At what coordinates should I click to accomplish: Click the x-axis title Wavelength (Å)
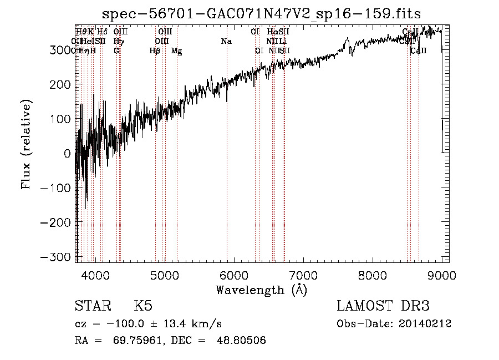(x=261, y=290)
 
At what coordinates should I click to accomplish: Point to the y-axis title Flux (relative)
(x=26, y=145)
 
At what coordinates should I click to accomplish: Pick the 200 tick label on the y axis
(x=63, y=84)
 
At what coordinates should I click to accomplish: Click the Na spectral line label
(x=226, y=42)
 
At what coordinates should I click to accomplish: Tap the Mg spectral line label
(x=176, y=51)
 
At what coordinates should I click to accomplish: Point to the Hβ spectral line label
(x=155, y=51)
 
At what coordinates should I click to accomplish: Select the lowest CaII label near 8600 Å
(x=419, y=51)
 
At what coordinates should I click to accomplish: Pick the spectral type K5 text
(x=143, y=306)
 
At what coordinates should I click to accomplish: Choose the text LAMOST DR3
(x=383, y=306)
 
